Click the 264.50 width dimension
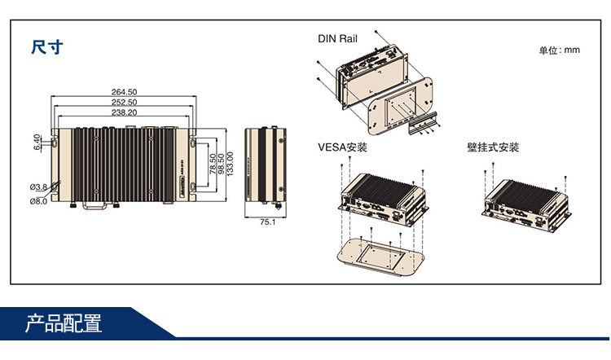coord(124,91)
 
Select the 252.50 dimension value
coord(124,102)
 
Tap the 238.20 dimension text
coord(124,112)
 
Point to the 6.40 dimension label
coord(37,142)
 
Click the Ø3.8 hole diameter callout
coord(38,187)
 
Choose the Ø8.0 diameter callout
coord(38,200)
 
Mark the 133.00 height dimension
coord(231,166)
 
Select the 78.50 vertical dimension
coord(212,166)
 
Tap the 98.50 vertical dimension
coord(221,166)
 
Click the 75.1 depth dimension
coord(266,222)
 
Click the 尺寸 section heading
coord(46,46)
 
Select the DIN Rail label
coord(337,38)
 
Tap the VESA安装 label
coord(342,147)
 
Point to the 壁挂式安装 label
coord(492,147)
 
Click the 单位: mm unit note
coord(559,50)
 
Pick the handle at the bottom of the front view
coord(92,208)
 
